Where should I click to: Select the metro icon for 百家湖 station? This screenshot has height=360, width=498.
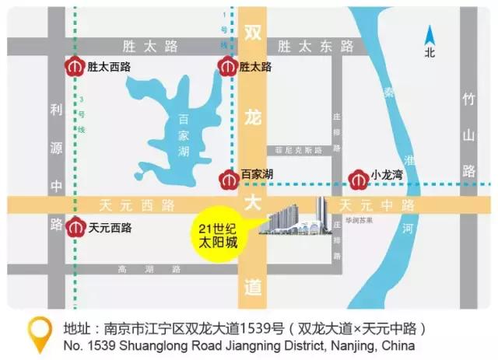[228, 178]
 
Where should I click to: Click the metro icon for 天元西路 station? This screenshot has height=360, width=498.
[75, 229]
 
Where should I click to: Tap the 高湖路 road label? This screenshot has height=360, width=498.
[148, 269]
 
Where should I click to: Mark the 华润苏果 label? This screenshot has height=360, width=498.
[357, 221]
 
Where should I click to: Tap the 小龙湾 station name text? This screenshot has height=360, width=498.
[387, 177]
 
